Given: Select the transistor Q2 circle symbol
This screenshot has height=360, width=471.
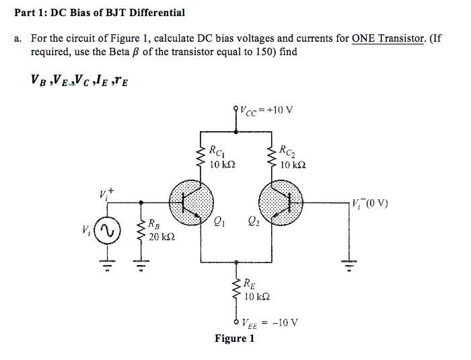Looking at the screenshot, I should click(281, 201).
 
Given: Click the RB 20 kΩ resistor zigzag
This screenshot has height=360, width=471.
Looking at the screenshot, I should click(141, 230).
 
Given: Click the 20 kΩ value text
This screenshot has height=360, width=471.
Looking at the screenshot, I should click(161, 236).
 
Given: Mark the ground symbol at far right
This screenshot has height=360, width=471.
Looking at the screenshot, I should click(348, 263).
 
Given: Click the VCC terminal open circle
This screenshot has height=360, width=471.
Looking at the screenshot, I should click(235, 108).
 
